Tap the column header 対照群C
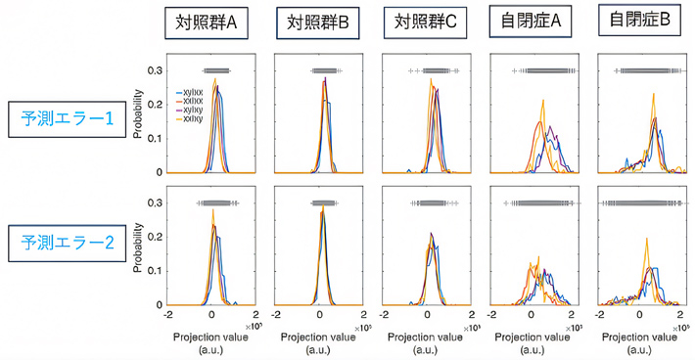point(424,22)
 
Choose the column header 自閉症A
point(531,22)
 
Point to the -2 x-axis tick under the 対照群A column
point(168,317)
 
